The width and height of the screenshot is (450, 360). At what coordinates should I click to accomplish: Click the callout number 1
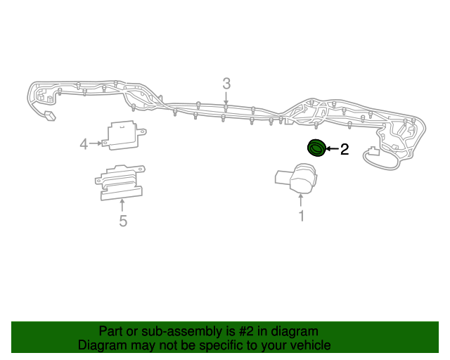click(x=302, y=216)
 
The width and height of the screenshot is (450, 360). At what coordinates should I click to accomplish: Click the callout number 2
click(x=345, y=149)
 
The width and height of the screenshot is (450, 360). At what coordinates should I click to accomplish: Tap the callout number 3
click(x=226, y=84)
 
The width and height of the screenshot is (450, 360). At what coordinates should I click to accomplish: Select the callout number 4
click(x=84, y=144)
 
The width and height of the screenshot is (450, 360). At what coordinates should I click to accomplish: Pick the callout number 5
click(x=123, y=221)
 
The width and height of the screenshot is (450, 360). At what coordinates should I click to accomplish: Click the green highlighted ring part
click(x=316, y=148)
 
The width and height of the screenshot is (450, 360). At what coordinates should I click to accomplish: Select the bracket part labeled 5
click(x=120, y=183)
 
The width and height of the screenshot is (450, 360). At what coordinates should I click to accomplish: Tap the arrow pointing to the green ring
click(x=331, y=149)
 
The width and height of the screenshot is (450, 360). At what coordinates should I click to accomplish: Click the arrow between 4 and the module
click(x=96, y=143)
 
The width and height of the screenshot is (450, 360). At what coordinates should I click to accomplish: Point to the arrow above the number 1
click(x=302, y=200)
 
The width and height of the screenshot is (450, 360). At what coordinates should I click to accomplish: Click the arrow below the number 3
click(x=226, y=99)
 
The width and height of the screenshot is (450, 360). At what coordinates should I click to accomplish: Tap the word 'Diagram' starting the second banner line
click(x=99, y=345)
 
